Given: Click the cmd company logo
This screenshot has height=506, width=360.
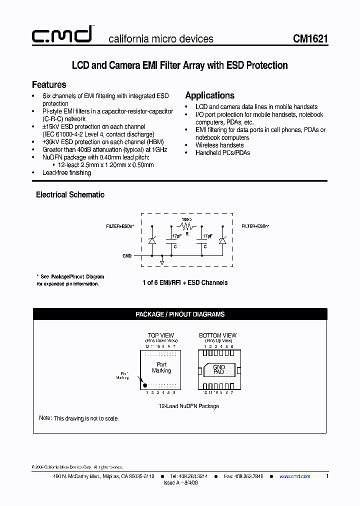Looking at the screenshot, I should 62,35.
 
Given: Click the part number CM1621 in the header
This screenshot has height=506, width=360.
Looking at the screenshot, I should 310,39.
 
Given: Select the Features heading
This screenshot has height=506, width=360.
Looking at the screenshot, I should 49,84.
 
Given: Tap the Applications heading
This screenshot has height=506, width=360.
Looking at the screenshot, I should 209,95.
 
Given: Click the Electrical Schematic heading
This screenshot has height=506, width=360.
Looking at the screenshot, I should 70,194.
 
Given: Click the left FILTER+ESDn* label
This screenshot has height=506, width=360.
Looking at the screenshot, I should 119,226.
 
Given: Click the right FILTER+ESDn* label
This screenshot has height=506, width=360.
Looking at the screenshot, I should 255,226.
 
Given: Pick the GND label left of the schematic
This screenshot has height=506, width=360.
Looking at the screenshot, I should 127,256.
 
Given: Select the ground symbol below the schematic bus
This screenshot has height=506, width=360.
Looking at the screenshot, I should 162,261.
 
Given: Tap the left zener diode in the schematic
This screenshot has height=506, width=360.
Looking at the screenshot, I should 152,240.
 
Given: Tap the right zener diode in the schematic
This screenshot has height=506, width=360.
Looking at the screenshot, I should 223,240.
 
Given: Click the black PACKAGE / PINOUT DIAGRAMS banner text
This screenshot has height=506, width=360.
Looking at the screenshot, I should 180,314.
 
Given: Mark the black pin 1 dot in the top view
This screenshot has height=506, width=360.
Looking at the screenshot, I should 145,385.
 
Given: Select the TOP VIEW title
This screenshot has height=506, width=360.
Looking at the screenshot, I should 161,335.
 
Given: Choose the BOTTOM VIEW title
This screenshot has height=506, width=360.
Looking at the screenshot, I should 217,335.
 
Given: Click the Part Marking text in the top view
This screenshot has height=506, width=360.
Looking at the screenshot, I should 161,367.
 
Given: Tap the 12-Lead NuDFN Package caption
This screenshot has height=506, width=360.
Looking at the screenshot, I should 189,406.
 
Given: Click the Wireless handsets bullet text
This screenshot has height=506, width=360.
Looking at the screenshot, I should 219,145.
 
